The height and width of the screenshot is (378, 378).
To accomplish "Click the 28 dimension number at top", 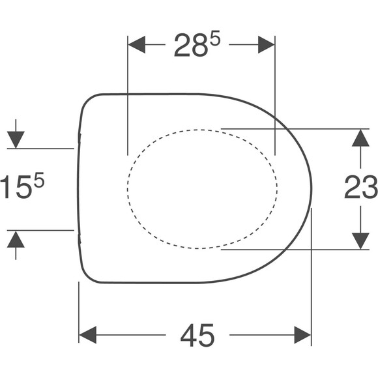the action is (x=191, y=46).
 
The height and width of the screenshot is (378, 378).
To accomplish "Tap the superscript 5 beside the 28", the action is (x=215, y=38).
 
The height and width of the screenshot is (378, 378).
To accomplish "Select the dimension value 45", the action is (x=197, y=335).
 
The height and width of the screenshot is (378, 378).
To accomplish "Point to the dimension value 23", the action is (x=361, y=187).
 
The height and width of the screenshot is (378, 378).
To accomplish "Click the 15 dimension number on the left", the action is (x=16, y=187).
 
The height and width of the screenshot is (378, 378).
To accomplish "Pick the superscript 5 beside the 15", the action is (x=39, y=180).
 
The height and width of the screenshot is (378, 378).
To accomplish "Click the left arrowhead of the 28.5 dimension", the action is (x=137, y=44).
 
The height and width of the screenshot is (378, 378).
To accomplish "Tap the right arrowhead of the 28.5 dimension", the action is (x=267, y=44).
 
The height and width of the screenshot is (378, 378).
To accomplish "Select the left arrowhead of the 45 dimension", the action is (x=88, y=335).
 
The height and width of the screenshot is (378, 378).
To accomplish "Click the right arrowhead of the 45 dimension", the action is (x=303, y=335).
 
